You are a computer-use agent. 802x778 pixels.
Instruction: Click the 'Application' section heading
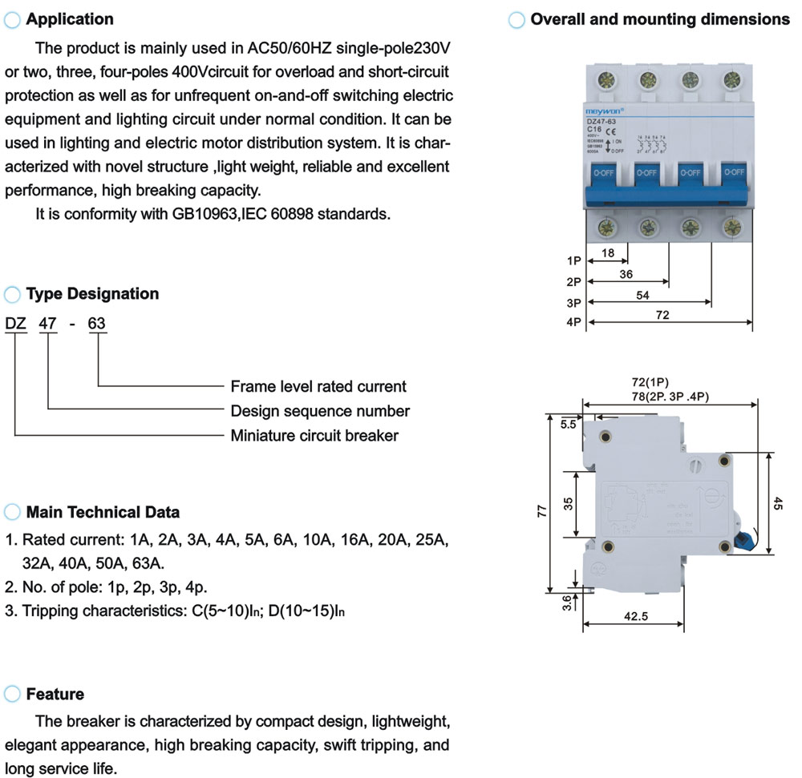coord(70,19)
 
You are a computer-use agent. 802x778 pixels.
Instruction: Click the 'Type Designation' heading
coord(92,294)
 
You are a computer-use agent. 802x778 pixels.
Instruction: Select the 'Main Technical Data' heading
coord(103,512)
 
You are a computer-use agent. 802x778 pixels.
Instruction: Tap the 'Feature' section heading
coord(55,694)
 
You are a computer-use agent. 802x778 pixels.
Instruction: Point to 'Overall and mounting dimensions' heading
coord(659,19)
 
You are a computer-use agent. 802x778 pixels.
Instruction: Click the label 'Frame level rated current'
coord(318,386)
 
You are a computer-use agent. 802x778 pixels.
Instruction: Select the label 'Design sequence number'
coord(320,411)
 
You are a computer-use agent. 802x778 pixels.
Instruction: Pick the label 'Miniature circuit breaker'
coord(314,436)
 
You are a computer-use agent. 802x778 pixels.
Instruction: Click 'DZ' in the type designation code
coord(16,324)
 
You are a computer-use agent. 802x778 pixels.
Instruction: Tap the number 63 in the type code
coord(96,324)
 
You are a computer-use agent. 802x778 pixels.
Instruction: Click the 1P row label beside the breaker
coord(573,261)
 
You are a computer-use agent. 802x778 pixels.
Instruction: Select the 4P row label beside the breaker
coord(573,324)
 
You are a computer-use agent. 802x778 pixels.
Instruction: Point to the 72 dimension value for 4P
coord(662,316)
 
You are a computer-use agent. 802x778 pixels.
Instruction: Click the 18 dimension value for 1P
coord(607,253)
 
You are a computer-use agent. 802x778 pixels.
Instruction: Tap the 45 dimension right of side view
coord(777,503)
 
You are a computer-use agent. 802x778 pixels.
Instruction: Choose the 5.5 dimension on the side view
coord(568,425)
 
